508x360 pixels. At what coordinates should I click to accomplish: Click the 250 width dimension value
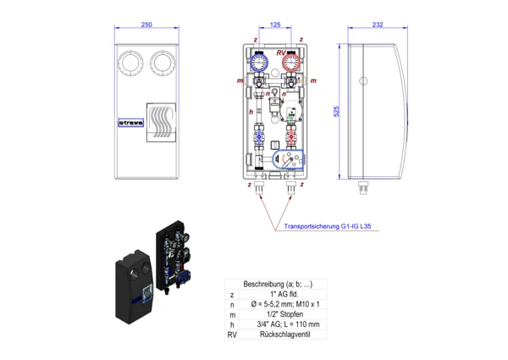click(x=146, y=25)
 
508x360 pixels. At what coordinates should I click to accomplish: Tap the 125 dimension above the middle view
click(x=274, y=25)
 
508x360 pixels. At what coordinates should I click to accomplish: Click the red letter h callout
click(x=251, y=111)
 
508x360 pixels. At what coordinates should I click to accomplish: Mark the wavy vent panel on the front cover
click(x=159, y=119)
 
